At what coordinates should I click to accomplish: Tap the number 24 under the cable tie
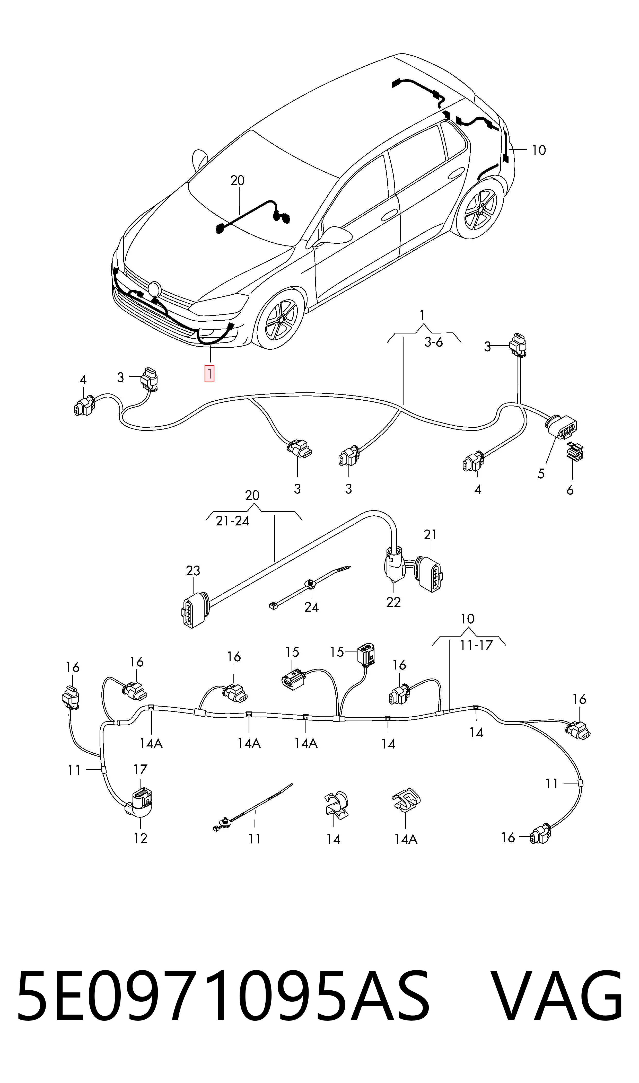311,607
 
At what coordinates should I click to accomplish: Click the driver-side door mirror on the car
335,235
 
